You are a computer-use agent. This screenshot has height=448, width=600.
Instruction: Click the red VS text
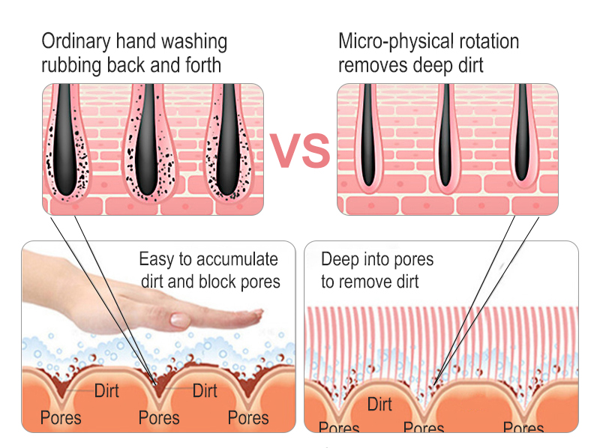click(x=300, y=151)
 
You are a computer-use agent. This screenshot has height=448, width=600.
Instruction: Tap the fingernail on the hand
click(x=179, y=319)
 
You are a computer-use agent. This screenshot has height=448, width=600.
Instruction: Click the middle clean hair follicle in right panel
click(x=446, y=139)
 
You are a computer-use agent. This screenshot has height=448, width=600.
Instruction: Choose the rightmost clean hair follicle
click(x=523, y=139)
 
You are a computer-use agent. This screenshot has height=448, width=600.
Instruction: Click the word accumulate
click(x=237, y=260)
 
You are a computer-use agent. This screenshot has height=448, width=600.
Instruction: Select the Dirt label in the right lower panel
click(x=379, y=405)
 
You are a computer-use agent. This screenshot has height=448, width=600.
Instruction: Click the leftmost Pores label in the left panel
click(x=61, y=417)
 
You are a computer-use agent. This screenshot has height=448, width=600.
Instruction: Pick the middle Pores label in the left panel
click(x=159, y=417)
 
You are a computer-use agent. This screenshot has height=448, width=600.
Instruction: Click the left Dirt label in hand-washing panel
click(x=106, y=390)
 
